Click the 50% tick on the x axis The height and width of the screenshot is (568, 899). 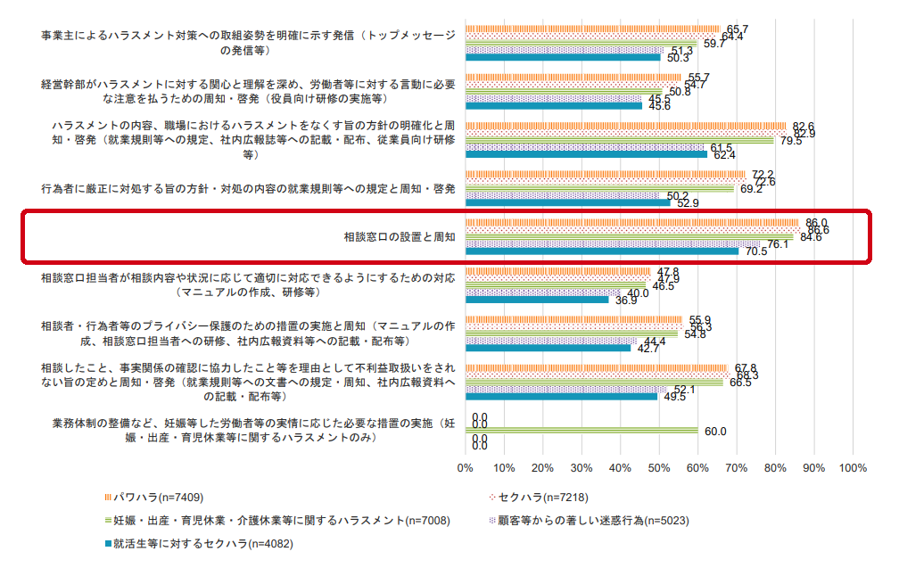[x=658, y=466]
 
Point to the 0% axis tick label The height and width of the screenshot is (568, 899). [x=465, y=466]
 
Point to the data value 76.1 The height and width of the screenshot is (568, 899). [x=778, y=244]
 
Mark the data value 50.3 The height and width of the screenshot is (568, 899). [x=679, y=58]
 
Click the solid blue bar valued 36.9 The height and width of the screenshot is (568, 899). [x=535, y=300]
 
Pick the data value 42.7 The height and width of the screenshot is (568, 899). [x=648, y=349]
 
